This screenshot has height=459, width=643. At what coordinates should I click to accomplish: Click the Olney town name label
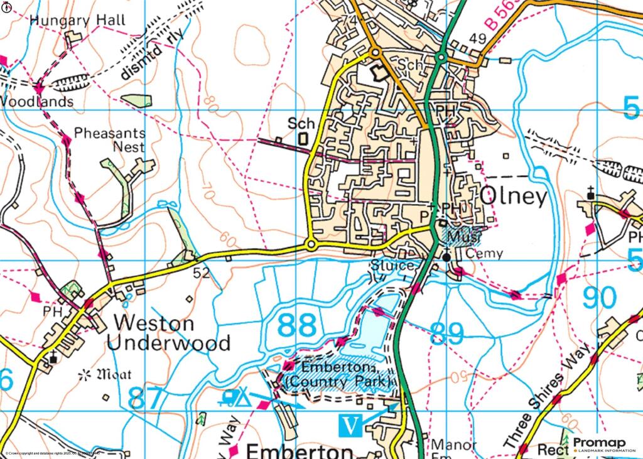(x=514, y=197)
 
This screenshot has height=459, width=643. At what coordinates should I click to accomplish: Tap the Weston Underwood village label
(x=168, y=333)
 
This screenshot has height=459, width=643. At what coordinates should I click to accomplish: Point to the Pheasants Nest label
(x=110, y=140)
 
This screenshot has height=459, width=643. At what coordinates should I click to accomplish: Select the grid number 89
(x=448, y=333)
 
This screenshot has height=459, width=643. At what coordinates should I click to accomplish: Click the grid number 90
(x=599, y=298)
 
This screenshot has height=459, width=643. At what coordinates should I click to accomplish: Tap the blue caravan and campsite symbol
(x=235, y=397)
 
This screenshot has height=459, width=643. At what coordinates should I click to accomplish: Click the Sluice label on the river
(x=392, y=266)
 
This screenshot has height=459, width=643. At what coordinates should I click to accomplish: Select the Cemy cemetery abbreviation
(x=485, y=254)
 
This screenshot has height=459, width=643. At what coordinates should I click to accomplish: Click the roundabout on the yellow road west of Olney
(x=311, y=244)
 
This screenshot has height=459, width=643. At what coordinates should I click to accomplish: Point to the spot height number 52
(x=201, y=273)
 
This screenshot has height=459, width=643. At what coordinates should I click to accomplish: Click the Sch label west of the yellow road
(x=301, y=124)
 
